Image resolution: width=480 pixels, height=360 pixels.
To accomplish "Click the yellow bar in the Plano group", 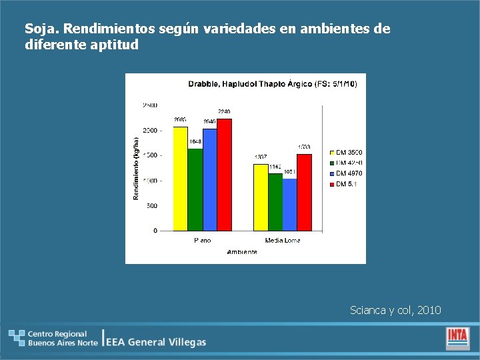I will point(180,179).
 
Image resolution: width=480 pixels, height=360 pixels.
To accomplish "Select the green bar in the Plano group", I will point(195,189).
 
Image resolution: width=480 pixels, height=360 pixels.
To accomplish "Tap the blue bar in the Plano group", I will point(210,180).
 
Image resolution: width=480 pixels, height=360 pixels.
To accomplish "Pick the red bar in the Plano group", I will point(225,175).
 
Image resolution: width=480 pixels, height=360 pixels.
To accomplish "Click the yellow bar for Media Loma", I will point(260,197).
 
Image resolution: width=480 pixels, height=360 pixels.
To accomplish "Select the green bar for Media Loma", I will point(275,202).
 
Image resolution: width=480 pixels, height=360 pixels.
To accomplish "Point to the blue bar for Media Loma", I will point(289,205).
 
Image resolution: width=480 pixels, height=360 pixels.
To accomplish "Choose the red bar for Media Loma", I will point(304,193).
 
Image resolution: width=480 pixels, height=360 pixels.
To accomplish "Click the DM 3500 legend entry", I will point(345,153).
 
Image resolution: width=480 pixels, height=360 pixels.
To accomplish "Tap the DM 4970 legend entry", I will point(345,173).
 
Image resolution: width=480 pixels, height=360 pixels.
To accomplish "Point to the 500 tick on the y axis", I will point(152,206).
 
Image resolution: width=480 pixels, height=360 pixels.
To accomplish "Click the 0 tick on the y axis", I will point(155,231).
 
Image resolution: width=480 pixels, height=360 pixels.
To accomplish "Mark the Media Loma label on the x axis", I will point(283,241).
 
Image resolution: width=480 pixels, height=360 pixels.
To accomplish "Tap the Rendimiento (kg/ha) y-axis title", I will point(136,168).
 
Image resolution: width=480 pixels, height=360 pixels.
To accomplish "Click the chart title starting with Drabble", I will point(272,84).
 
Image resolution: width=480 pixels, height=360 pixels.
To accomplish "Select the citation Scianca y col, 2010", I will point(395,310).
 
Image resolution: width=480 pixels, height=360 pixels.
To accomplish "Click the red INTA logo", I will point(457,337).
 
